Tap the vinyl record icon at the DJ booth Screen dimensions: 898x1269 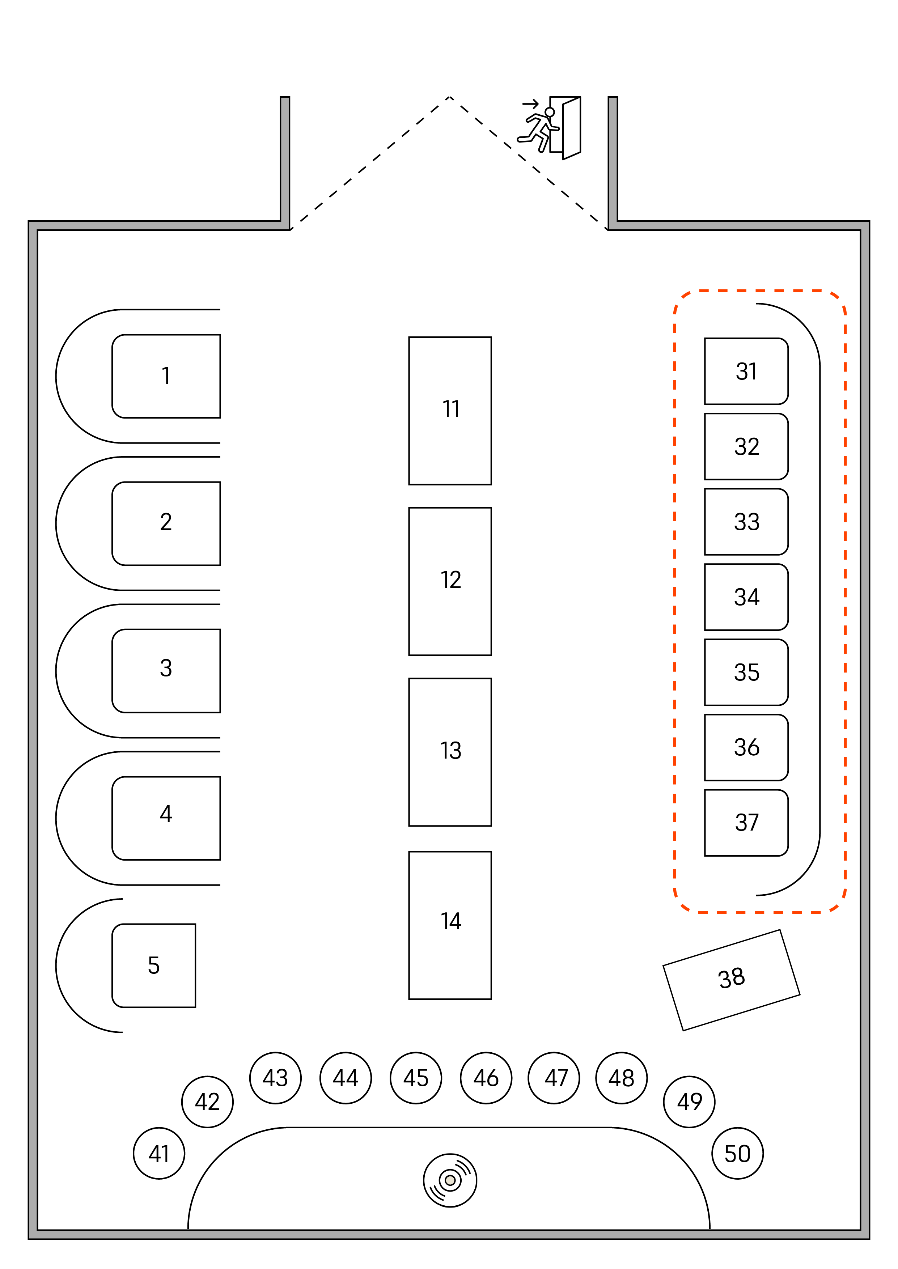tap(450, 1180)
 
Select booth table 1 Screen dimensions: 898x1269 tap(166, 376)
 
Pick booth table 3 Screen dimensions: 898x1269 tap(166, 670)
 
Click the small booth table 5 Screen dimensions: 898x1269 tap(154, 965)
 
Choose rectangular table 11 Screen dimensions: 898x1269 tap(450, 410)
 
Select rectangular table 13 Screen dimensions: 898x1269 tap(450, 752)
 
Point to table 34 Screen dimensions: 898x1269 tap(746, 597)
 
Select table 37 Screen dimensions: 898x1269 tap(746, 822)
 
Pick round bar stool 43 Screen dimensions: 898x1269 tap(275, 1078)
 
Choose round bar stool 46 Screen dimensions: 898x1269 tap(486, 1078)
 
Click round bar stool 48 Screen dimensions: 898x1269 tap(622, 1078)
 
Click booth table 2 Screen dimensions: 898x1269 tap(166, 523)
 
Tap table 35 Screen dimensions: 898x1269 tap(746, 672)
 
